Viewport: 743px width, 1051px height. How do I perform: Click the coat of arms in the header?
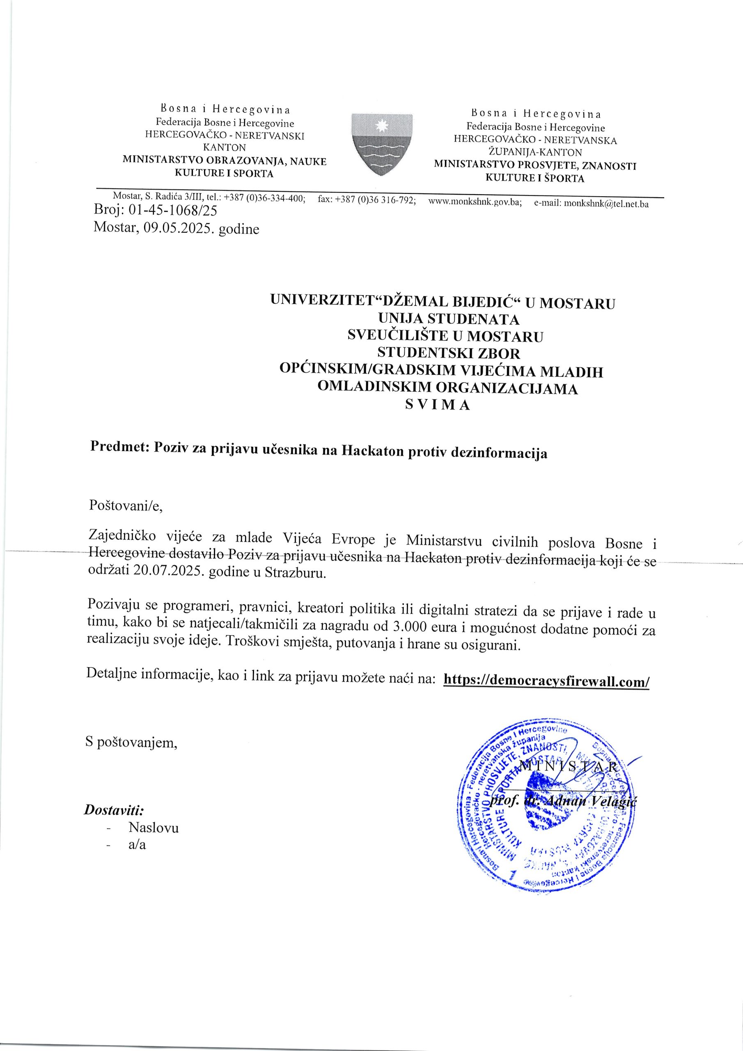click(x=382, y=145)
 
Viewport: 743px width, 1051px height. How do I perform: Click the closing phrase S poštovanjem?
click(x=131, y=741)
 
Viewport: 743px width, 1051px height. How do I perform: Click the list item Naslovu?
click(x=154, y=828)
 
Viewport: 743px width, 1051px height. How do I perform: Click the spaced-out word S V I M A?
click(x=438, y=406)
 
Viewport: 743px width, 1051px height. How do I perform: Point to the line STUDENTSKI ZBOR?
click(x=448, y=353)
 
